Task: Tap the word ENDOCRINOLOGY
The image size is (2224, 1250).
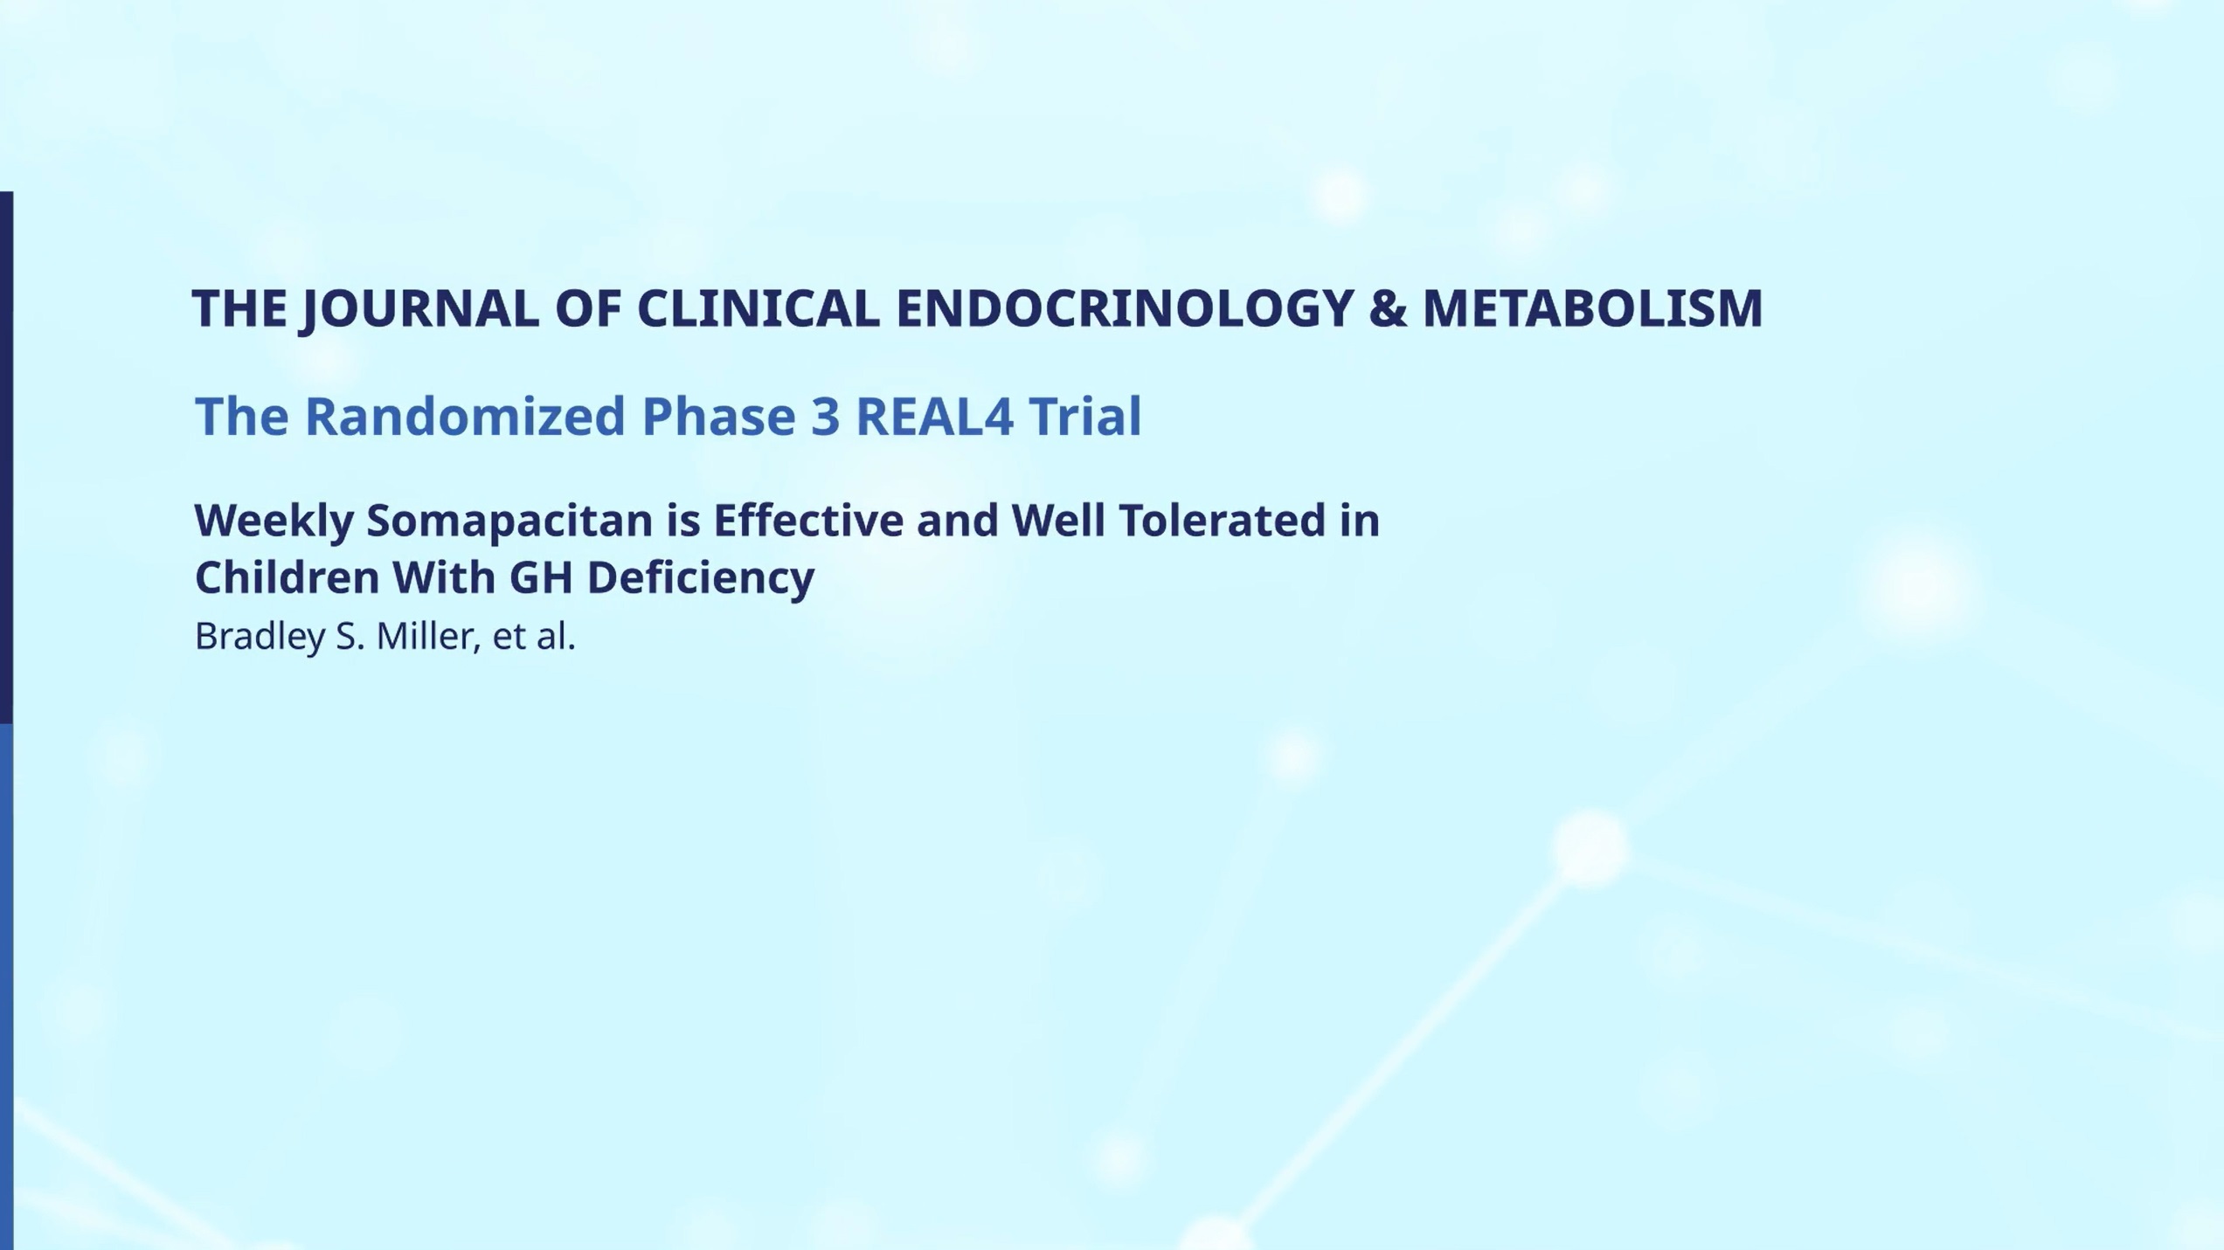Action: click(x=1125, y=308)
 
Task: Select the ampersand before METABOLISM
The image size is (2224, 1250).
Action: click(x=1388, y=308)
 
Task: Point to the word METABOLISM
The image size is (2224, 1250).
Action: click(x=1592, y=308)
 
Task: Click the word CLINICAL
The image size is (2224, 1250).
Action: click(x=758, y=308)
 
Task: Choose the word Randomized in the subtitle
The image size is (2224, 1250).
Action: click(x=465, y=416)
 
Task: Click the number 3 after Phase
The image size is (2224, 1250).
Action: click(x=825, y=416)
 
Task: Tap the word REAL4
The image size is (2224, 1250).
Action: click(x=934, y=416)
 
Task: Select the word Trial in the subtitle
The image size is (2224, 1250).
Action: click(x=1084, y=415)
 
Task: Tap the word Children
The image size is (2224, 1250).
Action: click(x=286, y=577)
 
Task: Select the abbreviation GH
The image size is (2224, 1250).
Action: click(x=540, y=577)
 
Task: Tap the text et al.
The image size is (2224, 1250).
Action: click(x=534, y=637)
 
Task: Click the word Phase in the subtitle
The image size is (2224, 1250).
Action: click(x=718, y=416)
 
